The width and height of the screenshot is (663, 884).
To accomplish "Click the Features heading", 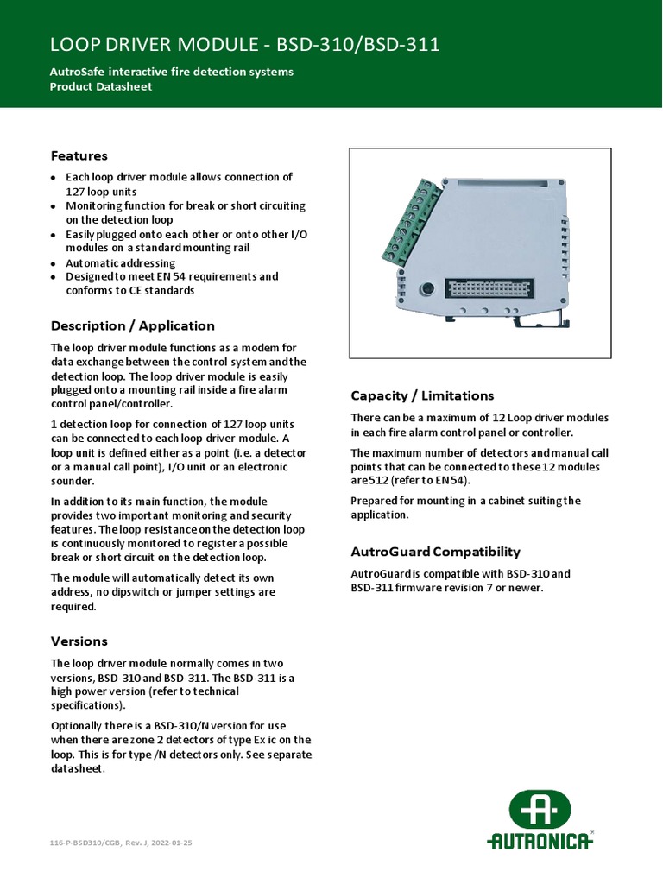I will [x=79, y=156].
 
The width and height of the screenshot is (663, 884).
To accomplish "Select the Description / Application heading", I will [x=132, y=326].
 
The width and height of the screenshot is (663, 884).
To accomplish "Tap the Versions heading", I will [x=79, y=641].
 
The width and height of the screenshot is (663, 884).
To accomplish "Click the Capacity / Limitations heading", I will [x=422, y=395].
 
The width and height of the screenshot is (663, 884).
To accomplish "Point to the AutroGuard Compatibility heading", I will [x=435, y=552].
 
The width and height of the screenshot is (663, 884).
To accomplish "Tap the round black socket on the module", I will [x=426, y=289].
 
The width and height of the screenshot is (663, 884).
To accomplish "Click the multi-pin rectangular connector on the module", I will [x=484, y=289].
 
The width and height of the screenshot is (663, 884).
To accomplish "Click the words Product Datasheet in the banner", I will [x=101, y=86].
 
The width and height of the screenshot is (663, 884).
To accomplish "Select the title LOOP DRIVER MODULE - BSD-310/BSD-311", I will [x=245, y=45].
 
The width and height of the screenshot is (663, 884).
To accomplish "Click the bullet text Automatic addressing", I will [x=120, y=263].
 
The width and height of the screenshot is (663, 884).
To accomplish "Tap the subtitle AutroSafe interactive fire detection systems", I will [x=172, y=71].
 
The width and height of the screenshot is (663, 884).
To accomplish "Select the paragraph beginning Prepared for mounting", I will [x=465, y=508].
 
